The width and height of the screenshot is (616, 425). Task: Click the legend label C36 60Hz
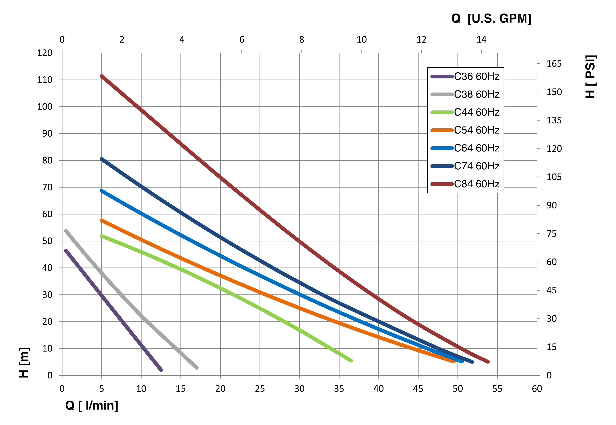476,77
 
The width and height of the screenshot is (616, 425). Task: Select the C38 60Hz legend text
476,95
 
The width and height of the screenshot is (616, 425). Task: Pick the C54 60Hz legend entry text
476,130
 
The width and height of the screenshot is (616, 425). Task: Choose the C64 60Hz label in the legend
476,148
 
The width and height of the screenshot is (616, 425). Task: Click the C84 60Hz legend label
476,184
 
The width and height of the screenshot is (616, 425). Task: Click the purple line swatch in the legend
442,77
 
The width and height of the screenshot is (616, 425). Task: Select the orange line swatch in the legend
442,130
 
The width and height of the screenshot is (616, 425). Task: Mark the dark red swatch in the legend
442,184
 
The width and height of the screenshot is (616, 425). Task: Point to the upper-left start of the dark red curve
101,76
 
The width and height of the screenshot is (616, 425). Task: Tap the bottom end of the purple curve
161,370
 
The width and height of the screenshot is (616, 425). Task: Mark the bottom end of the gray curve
197,368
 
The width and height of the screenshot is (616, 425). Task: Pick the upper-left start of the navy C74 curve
101,159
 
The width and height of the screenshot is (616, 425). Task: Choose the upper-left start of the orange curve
101,220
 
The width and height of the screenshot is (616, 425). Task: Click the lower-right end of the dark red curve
488,362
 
